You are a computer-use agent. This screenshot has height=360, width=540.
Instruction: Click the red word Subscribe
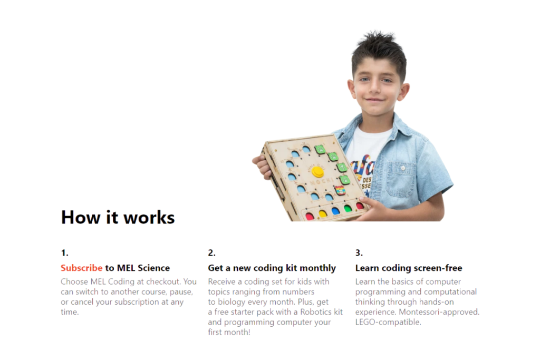(x=81, y=268)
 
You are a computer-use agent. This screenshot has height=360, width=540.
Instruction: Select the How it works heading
(x=118, y=218)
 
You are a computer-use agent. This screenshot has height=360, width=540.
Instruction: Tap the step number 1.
(x=64, y=253)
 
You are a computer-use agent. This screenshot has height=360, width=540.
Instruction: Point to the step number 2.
(x=211, y=253)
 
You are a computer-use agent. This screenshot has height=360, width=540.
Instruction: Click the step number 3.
(x=359, y=253)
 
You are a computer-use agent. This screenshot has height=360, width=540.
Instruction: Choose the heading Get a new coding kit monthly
(x=272, y=268)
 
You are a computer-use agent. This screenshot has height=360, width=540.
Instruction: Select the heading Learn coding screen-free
(x=409, y=268)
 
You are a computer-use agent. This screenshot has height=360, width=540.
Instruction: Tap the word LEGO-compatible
(x=388, y=323)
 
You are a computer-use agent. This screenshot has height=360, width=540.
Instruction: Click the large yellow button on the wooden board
(x=317, y=171)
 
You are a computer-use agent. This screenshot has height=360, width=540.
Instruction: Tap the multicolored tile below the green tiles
(x=340, y=190)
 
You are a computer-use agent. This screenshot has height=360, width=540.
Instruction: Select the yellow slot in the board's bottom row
(x=323, y=214)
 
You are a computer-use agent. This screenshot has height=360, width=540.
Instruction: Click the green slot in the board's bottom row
(x=348, y=208)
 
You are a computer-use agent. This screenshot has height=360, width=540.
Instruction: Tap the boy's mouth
(x=375, y=100)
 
